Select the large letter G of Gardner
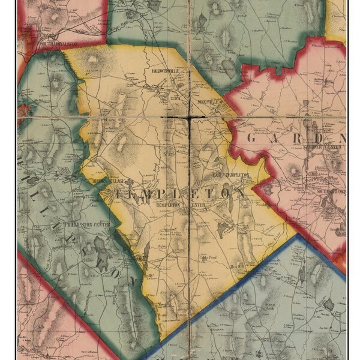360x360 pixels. [x=252, y=138]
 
